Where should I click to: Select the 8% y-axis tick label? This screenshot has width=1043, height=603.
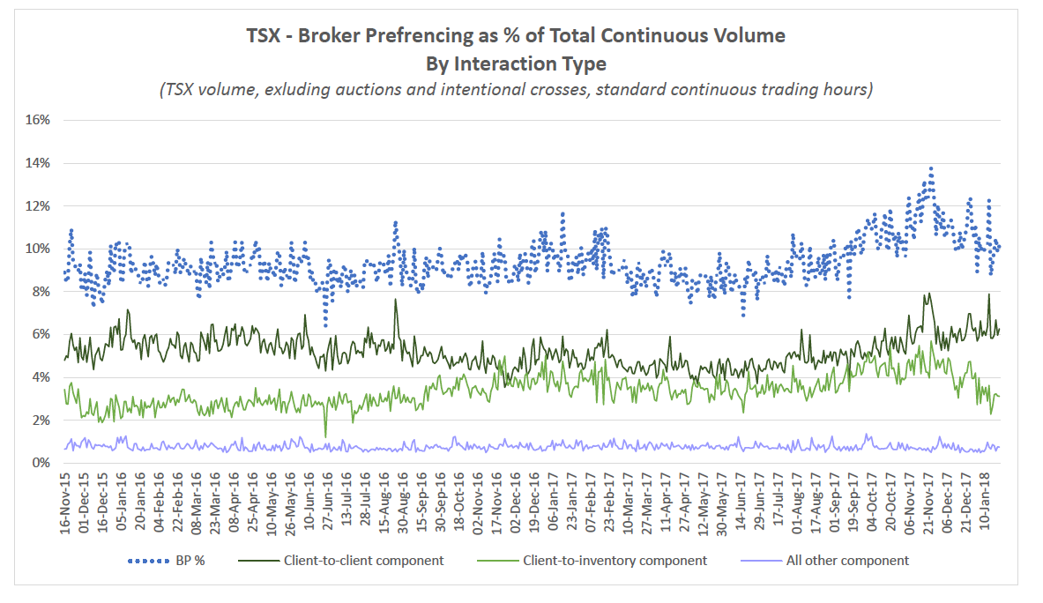click(40, 292)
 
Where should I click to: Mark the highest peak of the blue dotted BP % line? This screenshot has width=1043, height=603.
click(931, 167)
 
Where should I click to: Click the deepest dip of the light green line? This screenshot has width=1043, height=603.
click(326, 436)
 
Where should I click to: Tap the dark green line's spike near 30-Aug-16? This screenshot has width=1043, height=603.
click(396, 300)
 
